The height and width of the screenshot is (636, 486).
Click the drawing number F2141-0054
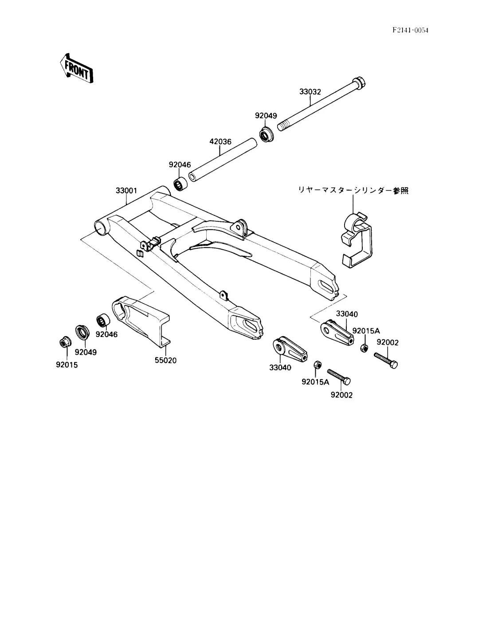(x=411, y=30)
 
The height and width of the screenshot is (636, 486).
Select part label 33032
(x=310, y=92)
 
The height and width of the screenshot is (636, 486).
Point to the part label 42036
(x=220, y=142)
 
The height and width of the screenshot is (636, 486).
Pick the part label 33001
(x=126, y=191)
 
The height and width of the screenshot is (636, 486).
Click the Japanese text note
(x=353, y=191)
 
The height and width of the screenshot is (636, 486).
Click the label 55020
(x=165, y=361)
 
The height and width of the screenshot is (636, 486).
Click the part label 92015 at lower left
(x=67, y=365)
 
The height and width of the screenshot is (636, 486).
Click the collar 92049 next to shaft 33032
(x=267, y=134)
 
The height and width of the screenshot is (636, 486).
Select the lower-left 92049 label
(x=86, y=352)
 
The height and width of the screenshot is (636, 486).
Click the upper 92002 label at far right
(x=388, y=342)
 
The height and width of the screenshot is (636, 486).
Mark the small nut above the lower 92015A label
(x=317, y=365)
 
